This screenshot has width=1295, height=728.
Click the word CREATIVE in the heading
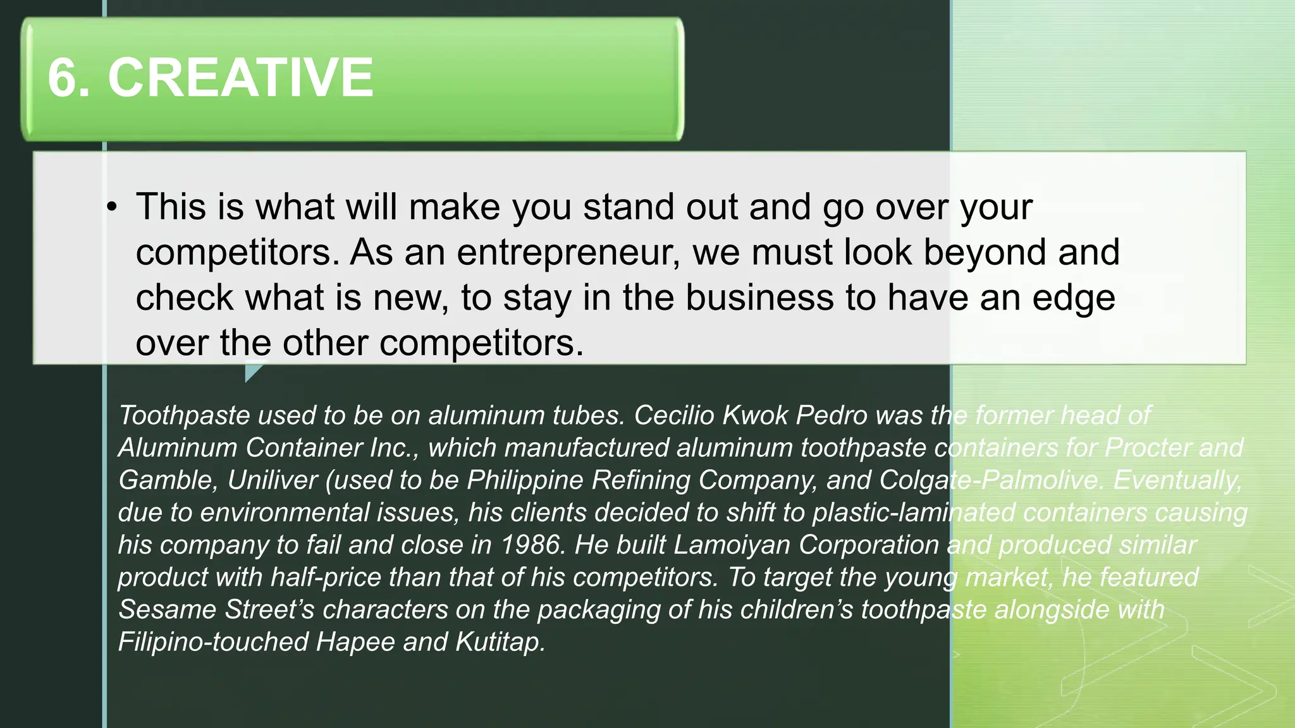240,78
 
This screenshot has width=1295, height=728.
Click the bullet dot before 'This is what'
112,207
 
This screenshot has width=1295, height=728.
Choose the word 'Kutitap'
500,642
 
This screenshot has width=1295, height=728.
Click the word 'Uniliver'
273,480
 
